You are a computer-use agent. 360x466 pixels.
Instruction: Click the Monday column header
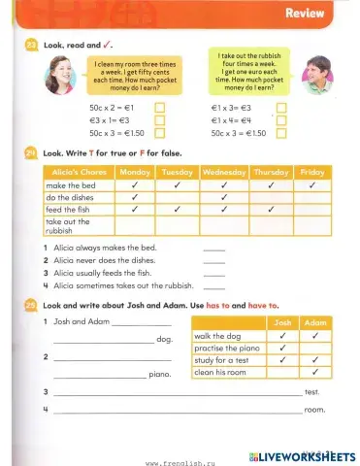point(133,172)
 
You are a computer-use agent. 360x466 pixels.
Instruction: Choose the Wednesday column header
point(224,172)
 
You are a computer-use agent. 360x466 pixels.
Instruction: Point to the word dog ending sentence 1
point(164,340)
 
